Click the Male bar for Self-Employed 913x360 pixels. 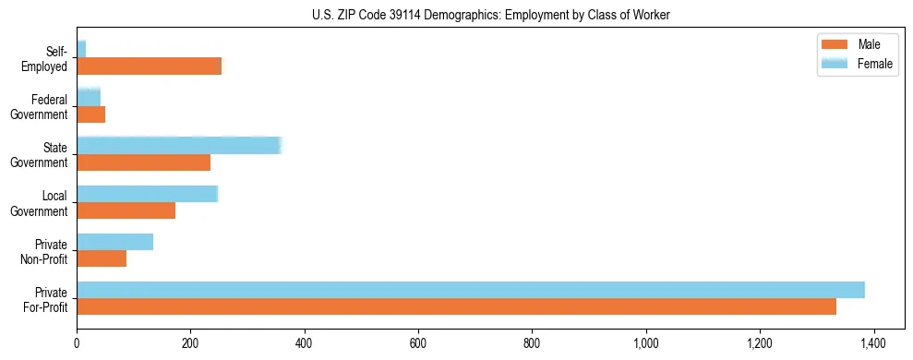pyautogui.click(x=150, y=66)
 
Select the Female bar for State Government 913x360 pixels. pyautogui.click(x=178, y=145)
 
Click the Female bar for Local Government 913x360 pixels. pyautogui.click(x=147, y=193)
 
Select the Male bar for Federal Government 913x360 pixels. pyautogui.click(x=90, y=114)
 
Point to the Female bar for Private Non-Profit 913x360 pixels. pyautogui.click(x=114, y=242)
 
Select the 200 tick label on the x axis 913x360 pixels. pyautogui.click(x=190, y=343)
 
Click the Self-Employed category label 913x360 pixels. pyautogui.click(x=52, y=58)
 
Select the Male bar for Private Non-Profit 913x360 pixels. pyautogui.click(x=102, y=258)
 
